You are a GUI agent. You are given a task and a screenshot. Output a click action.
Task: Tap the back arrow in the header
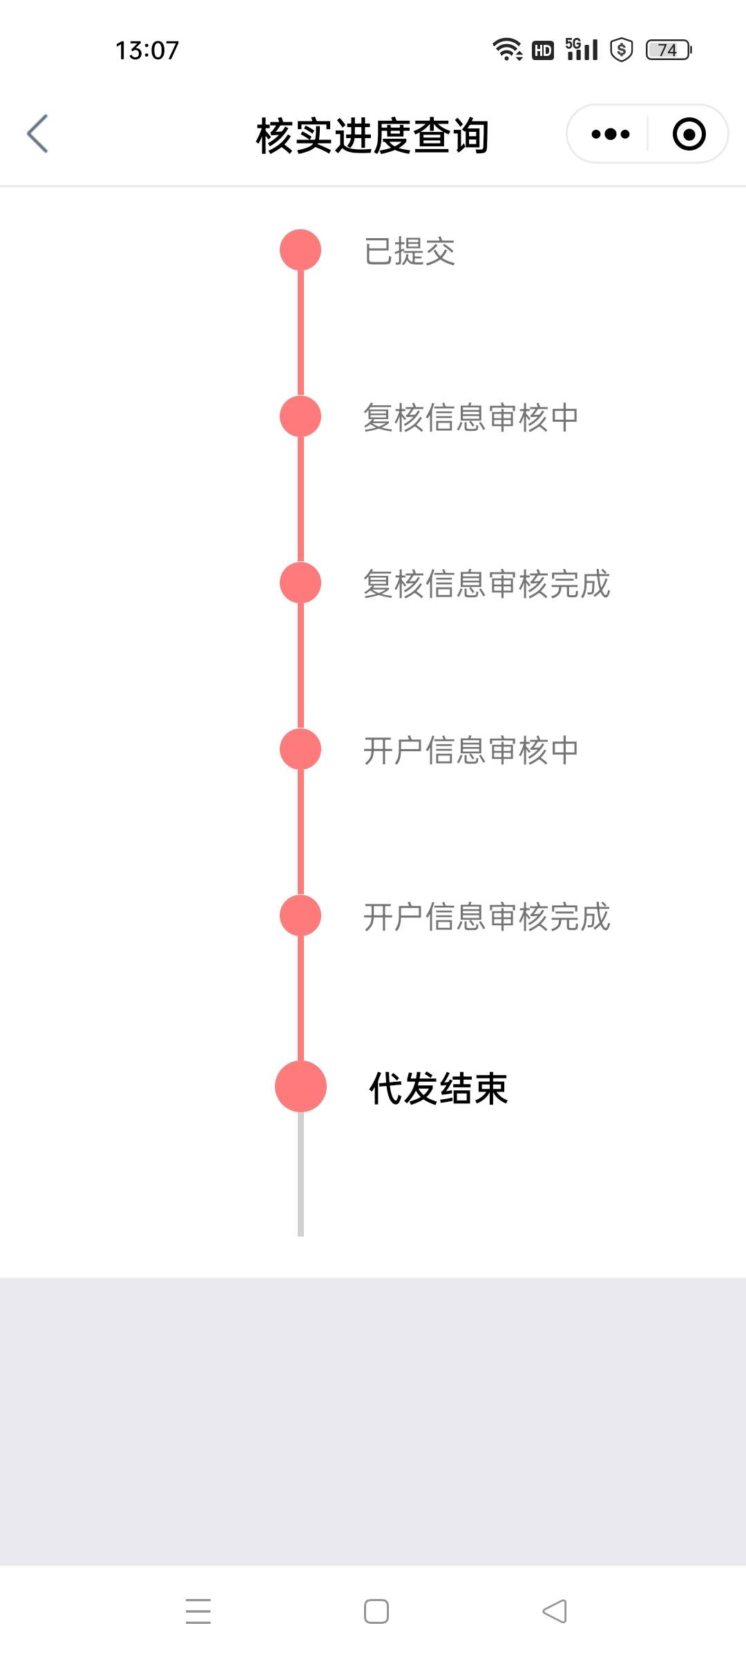(x=38, y=133)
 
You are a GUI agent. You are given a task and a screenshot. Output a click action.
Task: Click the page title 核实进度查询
(x=372, y=135)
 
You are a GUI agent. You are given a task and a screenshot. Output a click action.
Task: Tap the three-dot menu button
(x=611, y=134)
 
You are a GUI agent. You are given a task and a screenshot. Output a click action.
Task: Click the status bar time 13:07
(x=147, y=50)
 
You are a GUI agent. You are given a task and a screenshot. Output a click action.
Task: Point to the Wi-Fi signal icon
(x=507, y=50)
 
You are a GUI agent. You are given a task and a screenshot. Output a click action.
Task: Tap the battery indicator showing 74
(x=669, y=50)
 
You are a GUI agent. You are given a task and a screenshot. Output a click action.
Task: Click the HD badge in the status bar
(x=543, y=50)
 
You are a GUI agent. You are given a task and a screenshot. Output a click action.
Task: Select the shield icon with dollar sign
(x=622, y=50)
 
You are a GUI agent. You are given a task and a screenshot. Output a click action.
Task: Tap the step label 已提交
(x=410, y=251)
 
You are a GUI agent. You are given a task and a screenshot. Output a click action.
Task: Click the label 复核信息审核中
(x=470, y=418)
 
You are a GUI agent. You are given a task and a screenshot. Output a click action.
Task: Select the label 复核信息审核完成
(x=486, y=584)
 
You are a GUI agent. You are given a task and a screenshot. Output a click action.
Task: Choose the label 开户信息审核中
(x=470, y=750)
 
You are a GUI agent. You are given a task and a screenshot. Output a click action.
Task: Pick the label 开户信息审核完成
(x=486, y=917)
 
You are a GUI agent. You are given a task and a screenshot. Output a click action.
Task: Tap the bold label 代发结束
(x=439, y=1089)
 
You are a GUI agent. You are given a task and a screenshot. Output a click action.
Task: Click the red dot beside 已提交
(x=300, y=250)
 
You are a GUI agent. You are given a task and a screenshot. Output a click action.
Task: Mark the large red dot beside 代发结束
(x=300, y=1087)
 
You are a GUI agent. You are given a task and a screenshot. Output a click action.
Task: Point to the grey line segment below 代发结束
(x=300, y=1174)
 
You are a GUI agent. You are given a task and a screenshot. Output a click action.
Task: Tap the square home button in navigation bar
(x=376, y=1611)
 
